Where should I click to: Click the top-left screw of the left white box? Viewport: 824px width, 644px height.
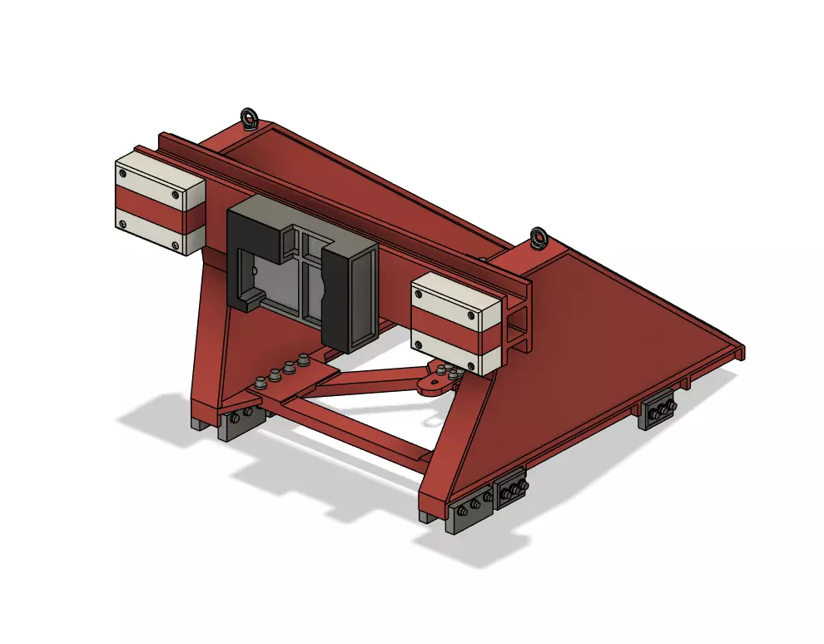pos(123,174)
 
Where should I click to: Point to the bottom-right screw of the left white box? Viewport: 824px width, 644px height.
pos(175,245)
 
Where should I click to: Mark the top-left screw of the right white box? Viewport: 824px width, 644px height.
pos(420,292)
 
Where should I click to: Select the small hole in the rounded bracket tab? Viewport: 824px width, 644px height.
pos(431,384)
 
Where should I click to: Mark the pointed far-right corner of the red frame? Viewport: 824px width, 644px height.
pos(741,353)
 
